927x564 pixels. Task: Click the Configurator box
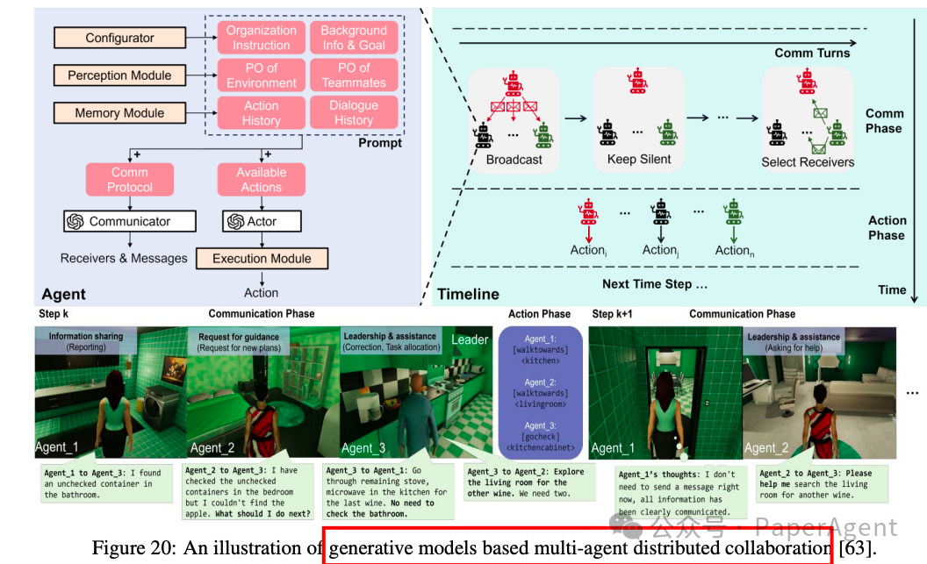[x=119, y=38]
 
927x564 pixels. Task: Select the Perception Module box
[x=119, y=75]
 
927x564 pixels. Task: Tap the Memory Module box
[x=119, y=113]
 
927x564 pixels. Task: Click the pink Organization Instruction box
[x=262, y=38]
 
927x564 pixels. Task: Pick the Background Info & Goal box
[x=354, y=38]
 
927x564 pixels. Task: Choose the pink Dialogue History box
[x=354, y=113]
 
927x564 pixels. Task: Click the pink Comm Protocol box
[x=130, y=180]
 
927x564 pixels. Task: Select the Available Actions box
[x=262, y=180]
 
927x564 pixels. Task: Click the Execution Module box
[x=262, y=259]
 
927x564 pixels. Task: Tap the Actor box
[x=262, y=222]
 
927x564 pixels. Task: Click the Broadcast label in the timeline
[x=514, y=160]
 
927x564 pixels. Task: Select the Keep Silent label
[x=638, y=160]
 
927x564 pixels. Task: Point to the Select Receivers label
[x=807, y=161]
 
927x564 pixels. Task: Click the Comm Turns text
[x=812, y=54]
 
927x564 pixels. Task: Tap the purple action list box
[x=540, y=394]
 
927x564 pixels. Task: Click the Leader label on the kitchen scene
[x=470, y=339]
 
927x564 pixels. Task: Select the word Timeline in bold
[x=468, y=294]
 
